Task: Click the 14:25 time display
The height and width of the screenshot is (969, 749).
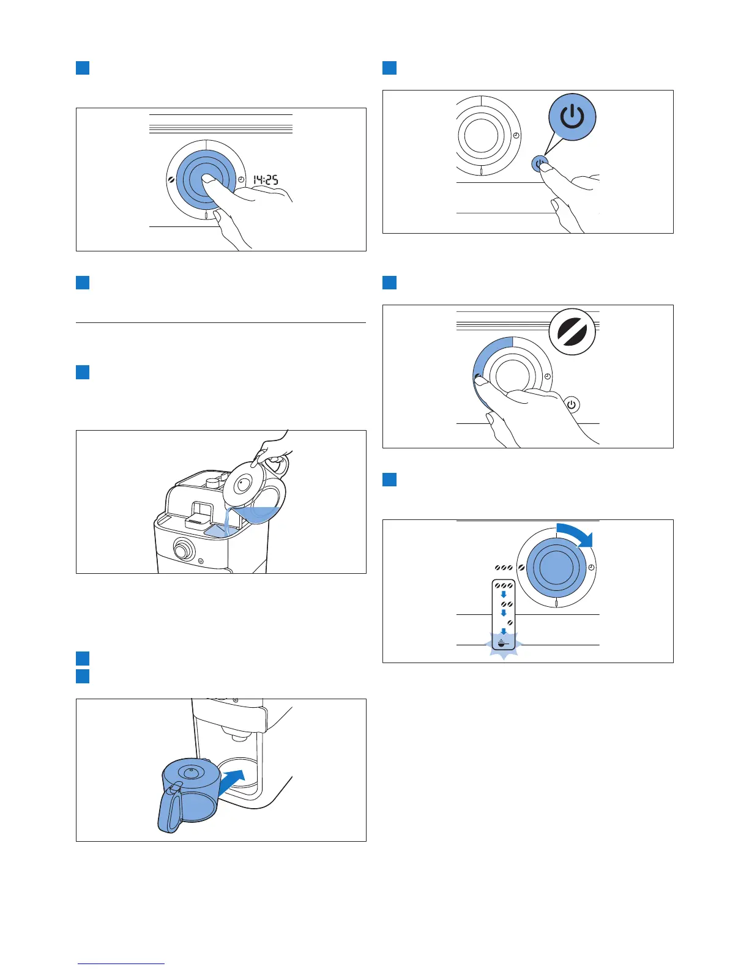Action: coord(266,180)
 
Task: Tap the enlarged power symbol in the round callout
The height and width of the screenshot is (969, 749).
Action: coord(572,117)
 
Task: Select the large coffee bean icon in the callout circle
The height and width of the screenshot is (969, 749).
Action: coord(572,332)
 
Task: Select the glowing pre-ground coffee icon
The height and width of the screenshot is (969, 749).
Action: coord(502,644)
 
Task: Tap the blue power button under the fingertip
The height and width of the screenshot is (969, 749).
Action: coord(539,164)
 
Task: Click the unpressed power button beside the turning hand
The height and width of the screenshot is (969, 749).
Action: coord(572,405)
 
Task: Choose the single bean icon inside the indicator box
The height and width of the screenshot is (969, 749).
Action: coord(510,622)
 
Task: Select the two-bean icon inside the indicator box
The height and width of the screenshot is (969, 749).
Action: coord(507,604)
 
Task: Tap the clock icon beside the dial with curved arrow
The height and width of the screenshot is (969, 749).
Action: coord(592,568)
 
